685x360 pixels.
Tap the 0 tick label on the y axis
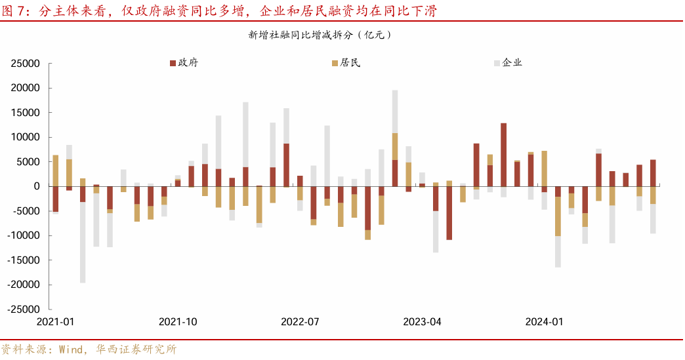click(x=37, y=186)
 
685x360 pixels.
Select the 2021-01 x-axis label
click(x=55, y=322)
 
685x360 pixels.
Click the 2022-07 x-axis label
click(x=300, y=322)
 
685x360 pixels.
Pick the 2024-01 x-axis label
click(x=544, y=322)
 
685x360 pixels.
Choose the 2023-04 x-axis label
click(x=422, y=322)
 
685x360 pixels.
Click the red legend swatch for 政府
click(x=173, y=64)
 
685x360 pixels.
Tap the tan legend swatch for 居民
click(x=335, y=64)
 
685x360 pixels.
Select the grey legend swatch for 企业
click(x=496, y=64)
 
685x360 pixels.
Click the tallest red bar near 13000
click(x=503, y=155)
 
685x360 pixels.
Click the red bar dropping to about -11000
click(x=449, y=213)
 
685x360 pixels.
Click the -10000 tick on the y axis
click(x=24, y=235)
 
